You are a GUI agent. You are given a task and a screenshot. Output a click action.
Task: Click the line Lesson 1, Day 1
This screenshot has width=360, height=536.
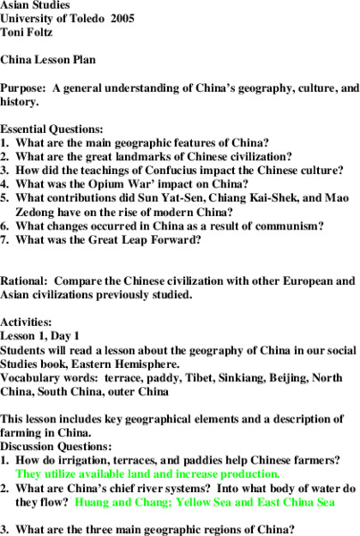(x=46, y=335)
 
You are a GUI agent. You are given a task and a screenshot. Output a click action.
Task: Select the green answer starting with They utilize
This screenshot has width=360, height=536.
(x=147, y=473)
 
